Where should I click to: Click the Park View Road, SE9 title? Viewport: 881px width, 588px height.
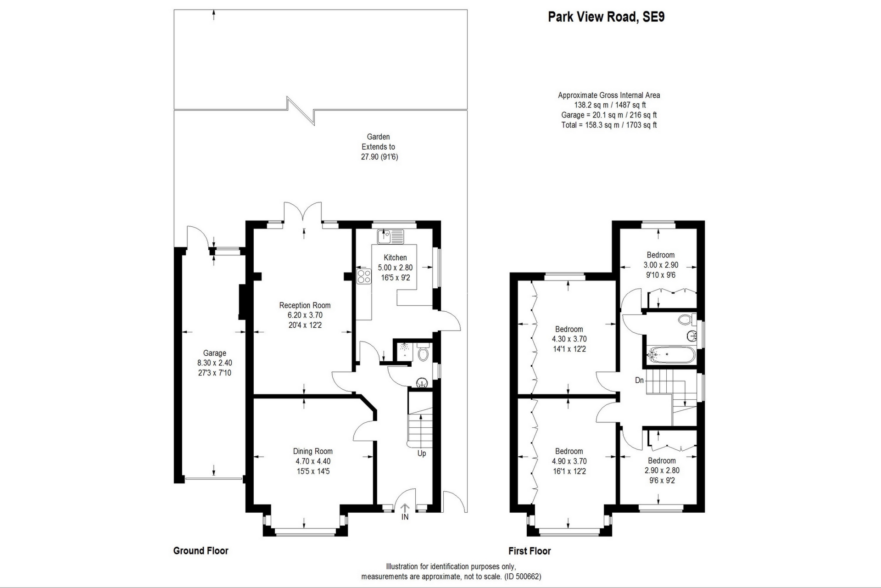606,17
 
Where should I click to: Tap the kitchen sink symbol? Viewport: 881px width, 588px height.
390,236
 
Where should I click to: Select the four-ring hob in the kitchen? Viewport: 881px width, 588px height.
364,276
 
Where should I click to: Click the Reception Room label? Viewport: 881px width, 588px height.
305,305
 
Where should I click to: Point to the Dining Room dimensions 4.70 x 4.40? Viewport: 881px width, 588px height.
313,461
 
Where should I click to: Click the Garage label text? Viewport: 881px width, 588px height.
215,353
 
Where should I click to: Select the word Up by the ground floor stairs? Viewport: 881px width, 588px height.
422,454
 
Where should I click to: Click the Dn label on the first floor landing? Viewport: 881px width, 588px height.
639,380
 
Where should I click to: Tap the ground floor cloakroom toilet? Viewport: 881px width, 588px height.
424,353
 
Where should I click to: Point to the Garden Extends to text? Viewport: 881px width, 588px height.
379,142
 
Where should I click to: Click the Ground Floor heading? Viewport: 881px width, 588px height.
201,551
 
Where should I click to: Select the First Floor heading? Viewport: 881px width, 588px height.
530,551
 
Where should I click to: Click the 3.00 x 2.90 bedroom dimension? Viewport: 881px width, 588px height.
661,265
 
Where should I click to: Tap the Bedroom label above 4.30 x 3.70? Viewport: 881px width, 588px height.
569,329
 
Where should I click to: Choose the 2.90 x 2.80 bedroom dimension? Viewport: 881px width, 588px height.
662,470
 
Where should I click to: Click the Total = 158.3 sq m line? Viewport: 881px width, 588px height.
609,125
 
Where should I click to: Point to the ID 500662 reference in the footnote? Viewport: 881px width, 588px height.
523,577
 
